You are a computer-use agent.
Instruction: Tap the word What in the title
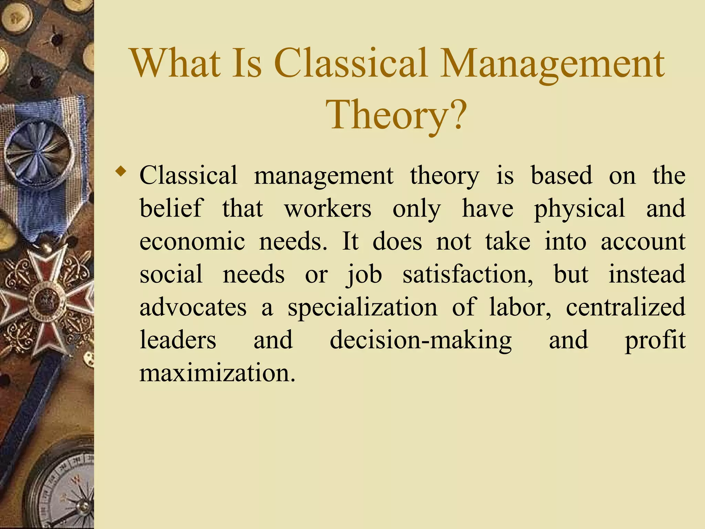click(x=176, y=64)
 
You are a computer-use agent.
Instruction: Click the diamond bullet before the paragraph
click(x=120, y=171)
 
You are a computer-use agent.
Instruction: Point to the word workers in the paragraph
click(x=328, y=208)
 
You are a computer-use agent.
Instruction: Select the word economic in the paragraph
click(x=192, y=241)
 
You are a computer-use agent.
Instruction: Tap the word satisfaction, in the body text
click(x=468, y=274)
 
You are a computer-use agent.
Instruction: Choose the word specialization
click(x=362, y=308)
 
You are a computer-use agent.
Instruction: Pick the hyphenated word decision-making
click(x=421, y=340)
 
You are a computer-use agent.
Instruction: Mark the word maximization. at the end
click(x=217, y=373)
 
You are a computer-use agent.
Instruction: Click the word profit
click(x=655, y=340)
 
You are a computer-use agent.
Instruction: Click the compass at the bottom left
click(x=62, y=489)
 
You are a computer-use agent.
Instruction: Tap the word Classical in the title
click(x=352, y=64)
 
